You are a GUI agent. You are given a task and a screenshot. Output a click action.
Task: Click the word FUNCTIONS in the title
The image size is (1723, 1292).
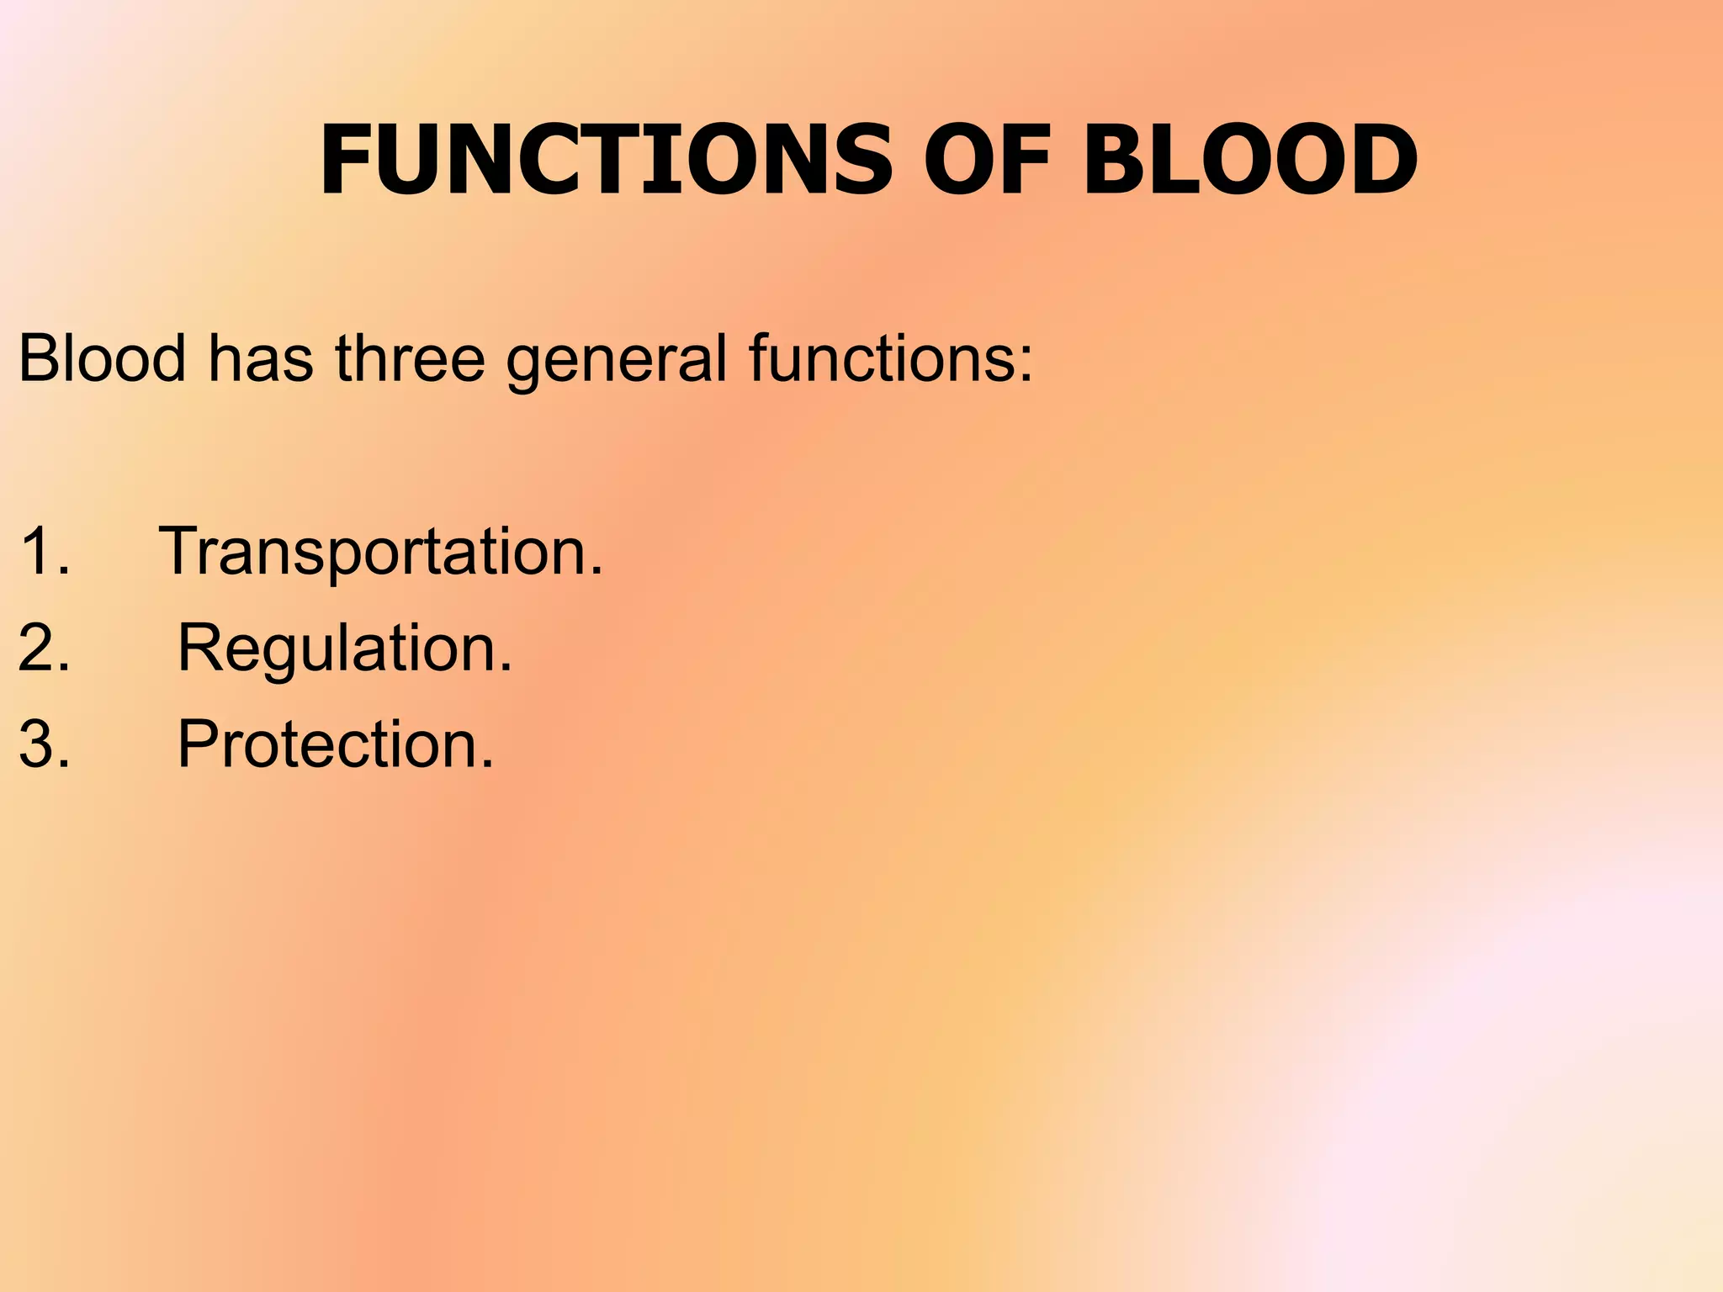tap(606, 160)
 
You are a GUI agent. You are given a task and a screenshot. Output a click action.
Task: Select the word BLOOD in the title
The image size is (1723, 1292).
tap(1250, 160)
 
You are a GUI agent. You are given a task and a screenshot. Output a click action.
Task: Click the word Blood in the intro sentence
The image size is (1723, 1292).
tap(102, 358)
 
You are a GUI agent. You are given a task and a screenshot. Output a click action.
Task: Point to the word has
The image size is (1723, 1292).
tap(261, 358)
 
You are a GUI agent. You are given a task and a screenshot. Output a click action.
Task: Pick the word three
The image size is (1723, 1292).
tap(411, 358)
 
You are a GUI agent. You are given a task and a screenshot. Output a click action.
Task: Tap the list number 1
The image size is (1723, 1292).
tap(37, 552)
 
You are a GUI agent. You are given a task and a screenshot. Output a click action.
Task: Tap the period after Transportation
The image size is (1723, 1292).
tap(596, 572)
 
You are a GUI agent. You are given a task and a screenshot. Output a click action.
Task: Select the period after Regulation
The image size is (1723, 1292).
tap(505, 669)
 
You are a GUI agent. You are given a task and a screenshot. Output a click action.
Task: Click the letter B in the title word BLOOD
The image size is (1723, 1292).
tap(1114, 160)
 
